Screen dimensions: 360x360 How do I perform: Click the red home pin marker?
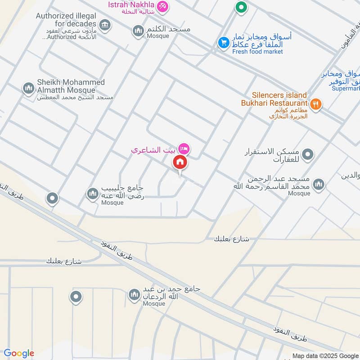[x=180, y=162]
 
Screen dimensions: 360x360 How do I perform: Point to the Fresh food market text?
[x=257, y=51]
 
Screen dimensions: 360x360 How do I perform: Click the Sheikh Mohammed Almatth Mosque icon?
[x=28, y=88]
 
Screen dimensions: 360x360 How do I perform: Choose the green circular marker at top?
[x=242, y=7]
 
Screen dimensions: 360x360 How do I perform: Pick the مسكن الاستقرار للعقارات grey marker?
[x=308, y=155]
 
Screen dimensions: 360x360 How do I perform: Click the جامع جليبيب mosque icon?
[x=92, y=193]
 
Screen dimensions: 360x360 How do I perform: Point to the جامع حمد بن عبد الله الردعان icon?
[x=134, y=295]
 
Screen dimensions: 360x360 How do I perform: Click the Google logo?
[x=19, y=353]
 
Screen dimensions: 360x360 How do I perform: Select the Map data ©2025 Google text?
[x=332, y=355]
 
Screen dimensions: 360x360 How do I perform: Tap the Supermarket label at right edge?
[x=346, y=88]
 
